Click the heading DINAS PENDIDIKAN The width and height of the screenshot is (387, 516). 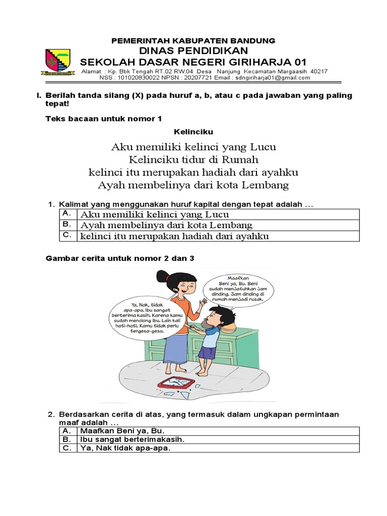coord(193,51)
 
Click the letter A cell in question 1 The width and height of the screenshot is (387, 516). coord(67,214)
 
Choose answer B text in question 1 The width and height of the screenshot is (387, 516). coord(166,225)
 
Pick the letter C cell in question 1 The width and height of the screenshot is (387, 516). coord(67,235)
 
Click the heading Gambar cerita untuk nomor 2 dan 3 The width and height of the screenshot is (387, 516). coord(120,258)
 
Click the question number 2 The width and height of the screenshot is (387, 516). coord(50,414)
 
